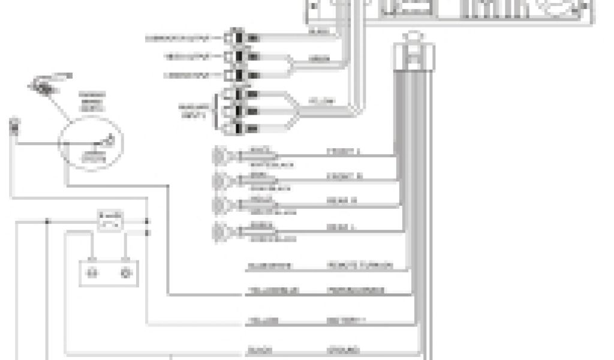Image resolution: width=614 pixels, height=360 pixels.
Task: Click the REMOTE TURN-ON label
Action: point(360,265)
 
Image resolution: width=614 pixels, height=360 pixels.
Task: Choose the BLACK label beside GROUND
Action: point(261,349)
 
